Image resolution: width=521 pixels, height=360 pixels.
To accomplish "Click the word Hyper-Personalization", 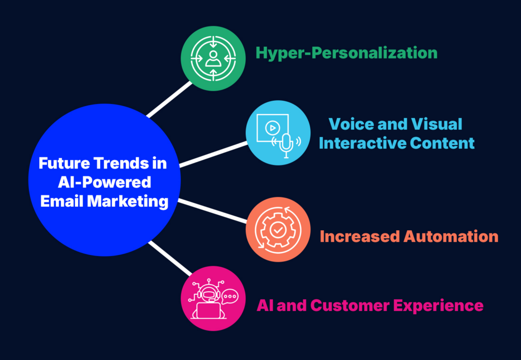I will pos(346,53).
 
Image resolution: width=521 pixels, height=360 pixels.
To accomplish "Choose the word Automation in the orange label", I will pos(451,237).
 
